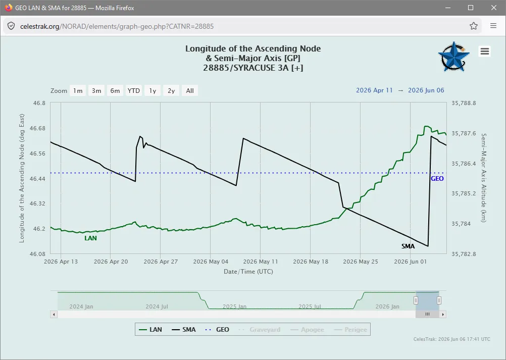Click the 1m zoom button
tap(78, 91)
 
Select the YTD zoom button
tap(134, 91)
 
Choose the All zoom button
tap(190, 91)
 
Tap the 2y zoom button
tap(171, 91)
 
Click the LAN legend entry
tap(150, 329)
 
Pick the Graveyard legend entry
tap(260, 329)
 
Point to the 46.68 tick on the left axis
tap(37, 128)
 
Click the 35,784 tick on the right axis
tap(461, 224)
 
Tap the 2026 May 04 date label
tap(211, 262)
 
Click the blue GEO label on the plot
tap(437, 179)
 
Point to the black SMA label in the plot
tap(408, 246)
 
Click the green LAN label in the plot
tap(90, 238)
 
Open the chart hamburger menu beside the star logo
tap(485, 51)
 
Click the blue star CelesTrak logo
tap(453, 57)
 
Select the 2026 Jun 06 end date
tap(426, 90)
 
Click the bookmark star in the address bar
tap(473, 26)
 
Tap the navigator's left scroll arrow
tap(54, 314)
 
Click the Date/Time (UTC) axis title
tap(248, 272)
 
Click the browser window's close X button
tap(494, 8)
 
